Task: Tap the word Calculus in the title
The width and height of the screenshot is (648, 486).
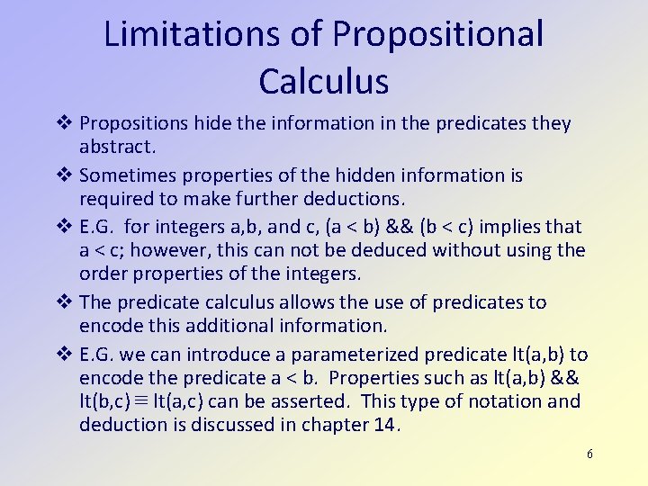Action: click(324, 81)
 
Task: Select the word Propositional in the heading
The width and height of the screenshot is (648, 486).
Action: click(438, 34)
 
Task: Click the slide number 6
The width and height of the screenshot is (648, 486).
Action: click(589, 454)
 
